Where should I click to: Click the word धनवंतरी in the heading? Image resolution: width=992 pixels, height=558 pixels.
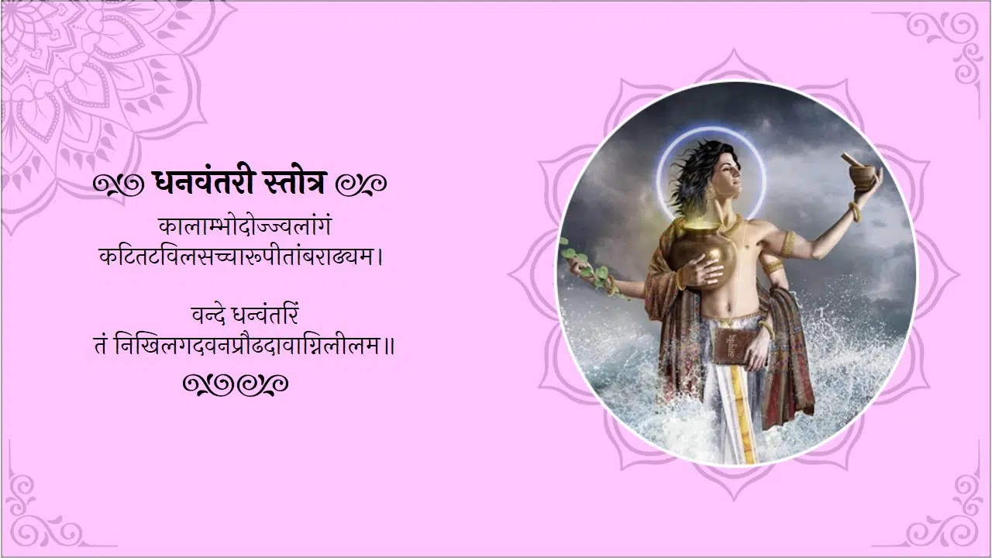click(x=203, y=181)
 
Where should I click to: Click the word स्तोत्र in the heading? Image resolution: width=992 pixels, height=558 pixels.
click(x=294, y=182)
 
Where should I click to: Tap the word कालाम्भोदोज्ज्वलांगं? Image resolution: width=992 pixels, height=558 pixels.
click(x=245, y=227)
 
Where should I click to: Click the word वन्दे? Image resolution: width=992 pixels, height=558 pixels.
click(x=210, y=315)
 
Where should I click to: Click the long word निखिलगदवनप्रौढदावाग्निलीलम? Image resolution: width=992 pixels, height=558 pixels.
click(x=247, y=346)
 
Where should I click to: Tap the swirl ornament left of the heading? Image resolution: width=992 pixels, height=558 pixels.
click(x=119, y=184)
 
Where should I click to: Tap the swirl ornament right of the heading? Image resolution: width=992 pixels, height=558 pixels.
click(x=361, y=184)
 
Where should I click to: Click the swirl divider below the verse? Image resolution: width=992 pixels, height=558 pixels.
click(x=236, y=385)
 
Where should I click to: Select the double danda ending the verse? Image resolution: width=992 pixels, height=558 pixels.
click(x=389, y=346)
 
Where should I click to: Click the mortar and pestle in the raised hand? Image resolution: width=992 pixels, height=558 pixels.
click(x=860, y=171)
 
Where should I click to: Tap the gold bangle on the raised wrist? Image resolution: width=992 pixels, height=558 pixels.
click(x=855, y=212)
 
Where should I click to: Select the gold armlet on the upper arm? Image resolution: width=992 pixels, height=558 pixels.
click(x=787, y=243)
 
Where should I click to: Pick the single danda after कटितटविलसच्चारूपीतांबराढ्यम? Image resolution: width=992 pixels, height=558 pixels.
click(x=381, y=257)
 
